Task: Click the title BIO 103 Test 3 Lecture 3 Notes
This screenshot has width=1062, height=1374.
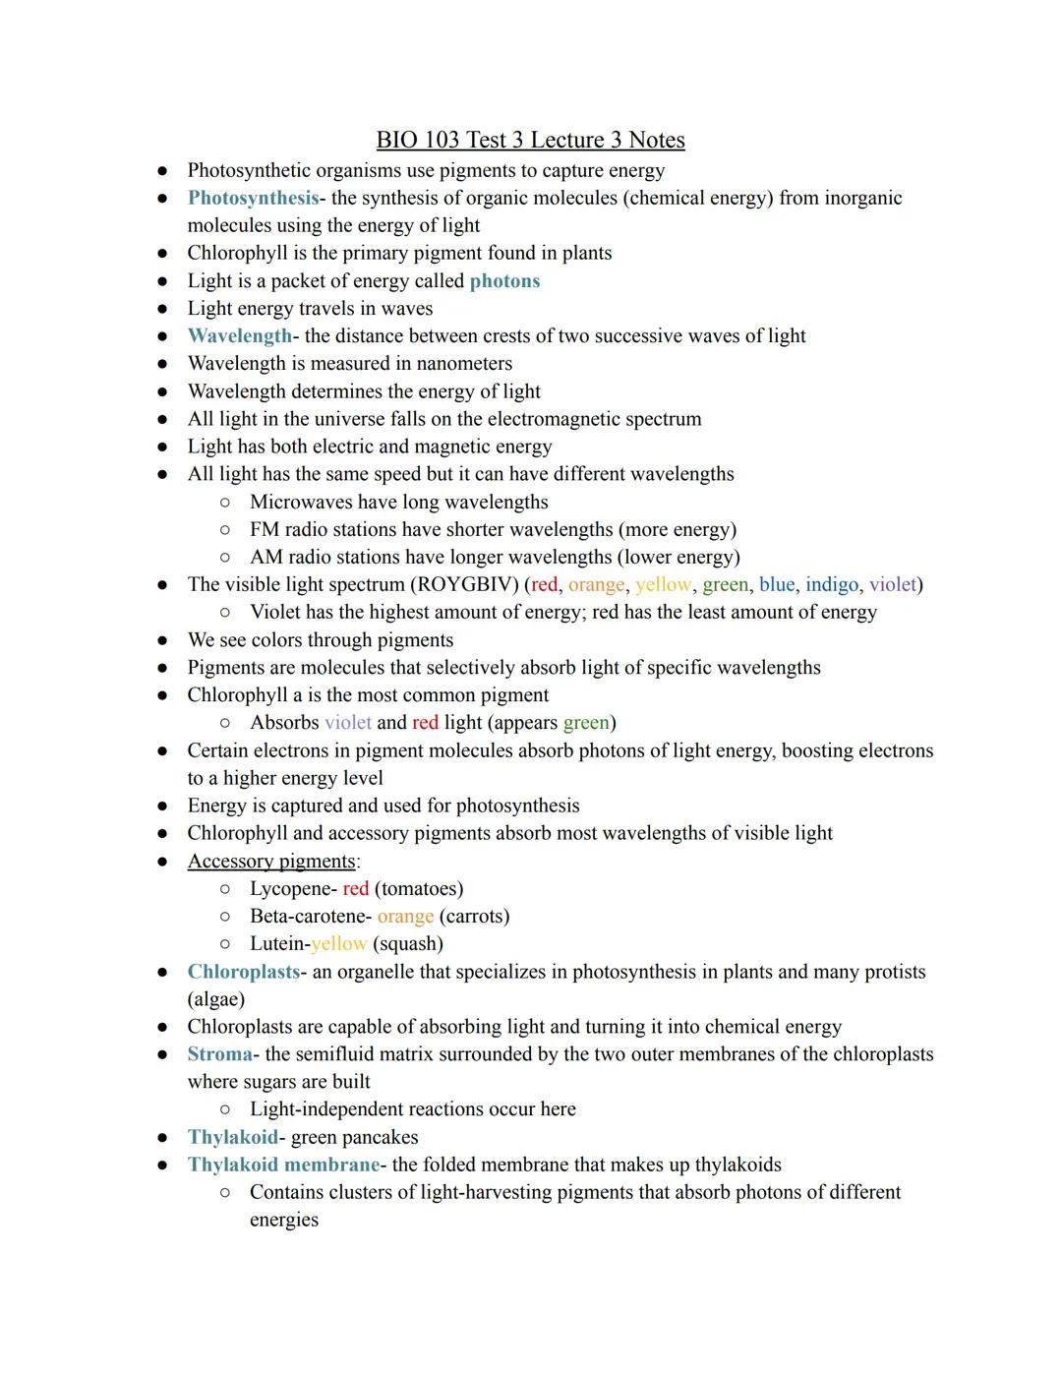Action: point(530,141)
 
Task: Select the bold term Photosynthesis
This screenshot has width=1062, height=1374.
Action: point(253,199)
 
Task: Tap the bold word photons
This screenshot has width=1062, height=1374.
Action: point(504,281)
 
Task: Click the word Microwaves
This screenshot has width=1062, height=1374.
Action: point(305,502)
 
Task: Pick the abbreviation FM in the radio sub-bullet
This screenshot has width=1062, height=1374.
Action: point(265,530)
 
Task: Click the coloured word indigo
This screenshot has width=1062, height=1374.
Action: point(831,585)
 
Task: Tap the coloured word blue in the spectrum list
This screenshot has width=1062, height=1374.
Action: point(776,585)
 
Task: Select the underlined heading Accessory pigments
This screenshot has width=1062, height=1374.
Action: point(271,862)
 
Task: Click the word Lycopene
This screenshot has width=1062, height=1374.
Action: point(291,889)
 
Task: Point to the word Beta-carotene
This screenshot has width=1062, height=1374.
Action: point(309,917)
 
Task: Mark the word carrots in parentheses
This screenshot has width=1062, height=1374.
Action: point(474,917)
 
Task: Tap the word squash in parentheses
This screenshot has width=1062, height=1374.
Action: point(408,944)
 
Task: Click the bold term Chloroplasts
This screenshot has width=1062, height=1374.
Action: point(243,972)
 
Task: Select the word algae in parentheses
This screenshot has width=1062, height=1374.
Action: point(215,999)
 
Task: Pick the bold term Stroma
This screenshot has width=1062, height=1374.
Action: point(219,1054)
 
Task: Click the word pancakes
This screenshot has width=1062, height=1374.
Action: point(378,1138)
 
